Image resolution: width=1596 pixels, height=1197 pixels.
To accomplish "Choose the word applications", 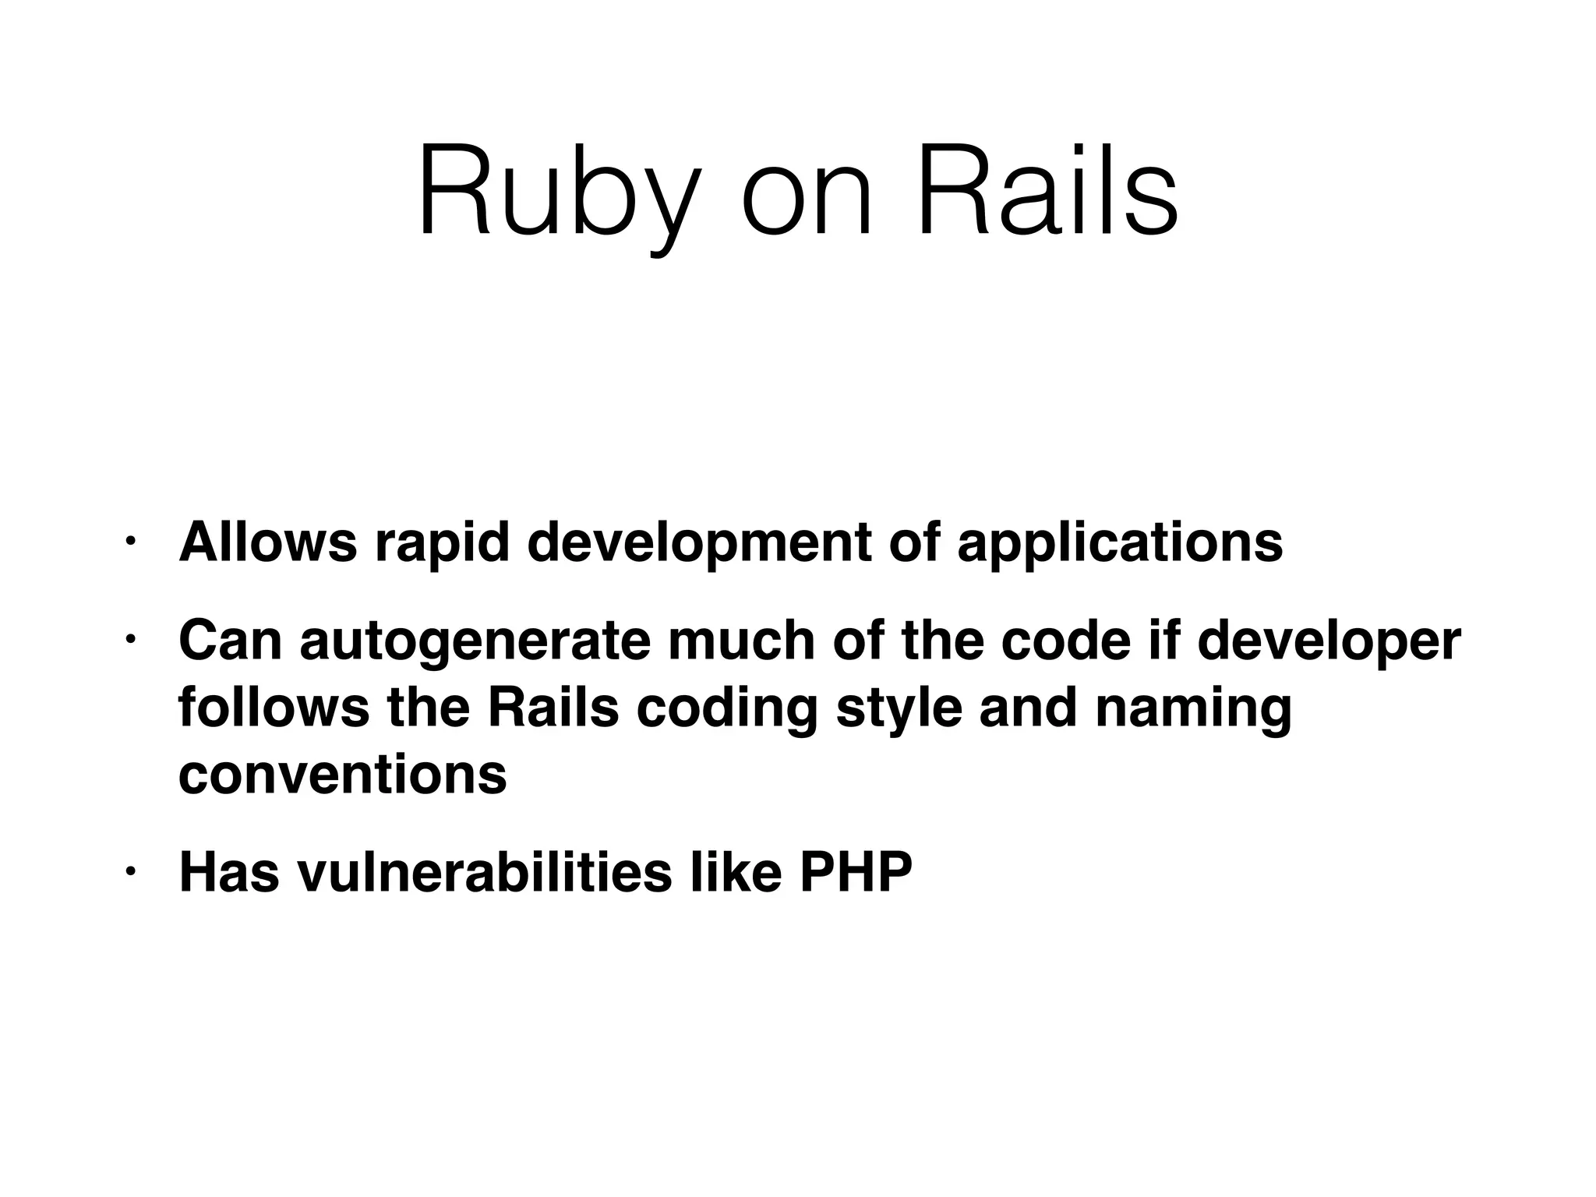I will (x=1120, y=544).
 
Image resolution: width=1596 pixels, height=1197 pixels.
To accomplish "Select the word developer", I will (x=1328, y=642).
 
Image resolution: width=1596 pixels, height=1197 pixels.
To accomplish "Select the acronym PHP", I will (x=855, y=873).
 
